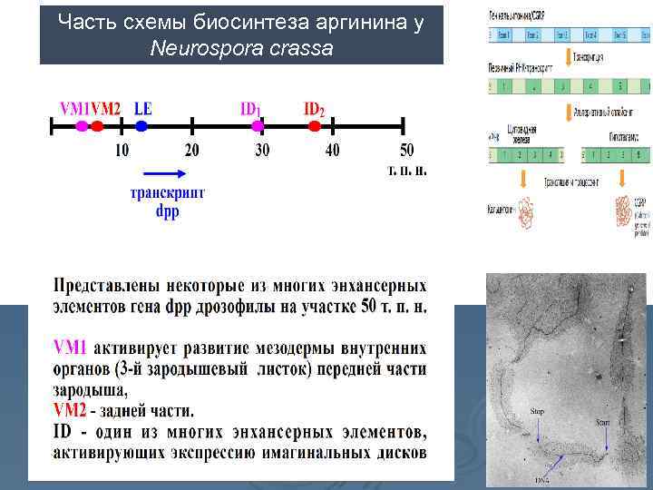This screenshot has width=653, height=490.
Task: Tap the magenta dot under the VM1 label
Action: coord(83,125)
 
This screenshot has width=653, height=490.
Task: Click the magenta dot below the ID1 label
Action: coord(257,125)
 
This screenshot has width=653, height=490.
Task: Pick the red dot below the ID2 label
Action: coord(314,125)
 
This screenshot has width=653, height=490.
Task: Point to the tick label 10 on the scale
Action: coord(122,150)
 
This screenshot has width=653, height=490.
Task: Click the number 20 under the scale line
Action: coord(192,150)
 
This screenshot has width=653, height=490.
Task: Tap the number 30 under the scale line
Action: coord(262,150)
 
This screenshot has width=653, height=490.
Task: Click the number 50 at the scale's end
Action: coord(406,150)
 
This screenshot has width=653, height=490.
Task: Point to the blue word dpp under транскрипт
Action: coord(168,211)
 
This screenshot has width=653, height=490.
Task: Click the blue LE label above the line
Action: coord(143,108)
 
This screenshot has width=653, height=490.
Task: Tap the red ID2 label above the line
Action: coord(314,109)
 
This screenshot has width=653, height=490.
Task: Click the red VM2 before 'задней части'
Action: coord(71,410)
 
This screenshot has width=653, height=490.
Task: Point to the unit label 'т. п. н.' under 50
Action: coord(407,170)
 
